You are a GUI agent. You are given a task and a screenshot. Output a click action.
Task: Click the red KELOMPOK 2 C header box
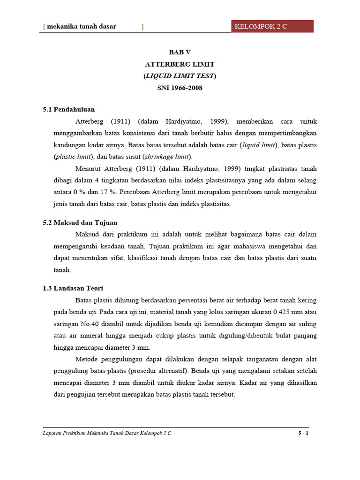pos(272,26)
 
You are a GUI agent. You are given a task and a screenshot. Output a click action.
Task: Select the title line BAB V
pos(180,52)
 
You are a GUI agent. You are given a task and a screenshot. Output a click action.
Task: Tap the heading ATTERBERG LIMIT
pos(180,64)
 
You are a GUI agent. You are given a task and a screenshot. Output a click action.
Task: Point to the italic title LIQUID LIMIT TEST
pos(180,75)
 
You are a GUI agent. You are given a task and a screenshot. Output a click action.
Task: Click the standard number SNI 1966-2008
pos(180,88)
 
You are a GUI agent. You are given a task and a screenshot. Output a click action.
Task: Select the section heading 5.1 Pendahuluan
pos(69,109)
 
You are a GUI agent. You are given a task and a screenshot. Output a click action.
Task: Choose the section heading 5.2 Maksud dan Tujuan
pos(80,222)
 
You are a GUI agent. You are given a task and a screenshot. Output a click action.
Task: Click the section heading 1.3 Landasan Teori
pos(73,288)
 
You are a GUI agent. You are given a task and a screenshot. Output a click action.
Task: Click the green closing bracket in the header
pos(142,27)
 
